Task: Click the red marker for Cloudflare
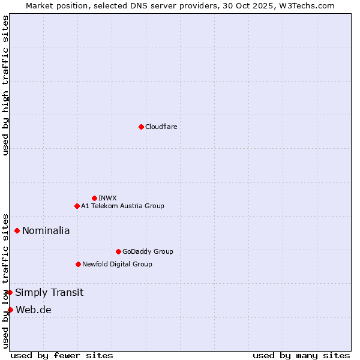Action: click(141, 127)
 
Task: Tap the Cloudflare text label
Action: click(161, 127)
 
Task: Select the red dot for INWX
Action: click(94, 198)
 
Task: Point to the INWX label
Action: click(107, 198)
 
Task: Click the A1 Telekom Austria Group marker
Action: click(77, 206)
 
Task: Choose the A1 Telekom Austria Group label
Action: click(122, 206)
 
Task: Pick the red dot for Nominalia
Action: click(17, 230)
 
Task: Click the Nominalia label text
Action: click(46, 230)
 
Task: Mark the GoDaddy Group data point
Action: click(118, 251)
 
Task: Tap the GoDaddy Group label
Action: click(147, 251)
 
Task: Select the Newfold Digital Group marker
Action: click(78, 264)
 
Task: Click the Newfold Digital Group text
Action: click(117, 264)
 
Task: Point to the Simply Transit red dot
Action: click(10, 292)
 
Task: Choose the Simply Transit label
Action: click(49, 293)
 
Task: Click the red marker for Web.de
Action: click(10, 310)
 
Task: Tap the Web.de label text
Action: click(34, 310)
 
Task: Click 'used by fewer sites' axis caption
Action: click(62, 355)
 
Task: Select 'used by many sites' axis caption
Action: click(301, 355)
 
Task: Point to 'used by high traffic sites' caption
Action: click(5, 86)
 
